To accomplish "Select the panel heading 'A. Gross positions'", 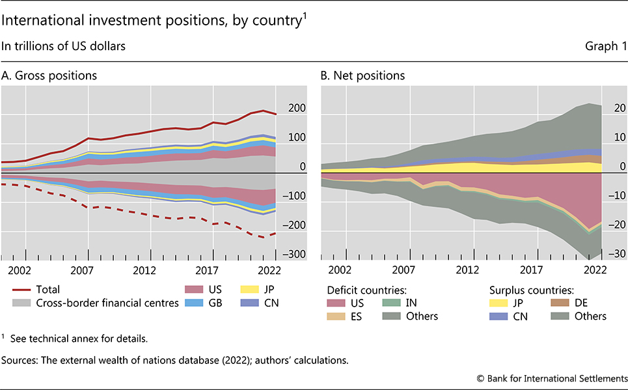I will point(49,76).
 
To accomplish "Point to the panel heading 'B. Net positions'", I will point(362,76).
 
